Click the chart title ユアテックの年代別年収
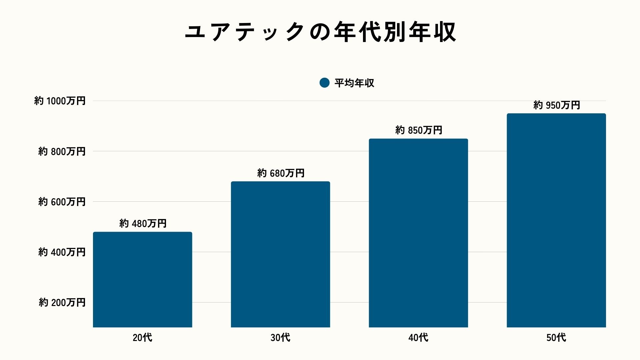click(320, 32)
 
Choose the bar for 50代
click(556, 220)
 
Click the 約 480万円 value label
click(143, 223)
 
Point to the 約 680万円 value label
click(281, 173)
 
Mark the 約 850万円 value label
click(419, 130)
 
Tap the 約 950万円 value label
click(556, 105)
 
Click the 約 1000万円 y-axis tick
click(60, 101)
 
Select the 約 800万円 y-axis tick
click(62, 151)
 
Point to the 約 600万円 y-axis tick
click(62, 202)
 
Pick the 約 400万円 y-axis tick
click(62, 252)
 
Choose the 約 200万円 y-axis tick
click(62, 302)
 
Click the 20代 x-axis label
click(142, 338)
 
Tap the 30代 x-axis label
click(280, 338)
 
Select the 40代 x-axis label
click(418, 338)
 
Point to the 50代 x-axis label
click(556, 338)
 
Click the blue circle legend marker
click(324, 83)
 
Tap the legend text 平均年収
click(354, 83)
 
